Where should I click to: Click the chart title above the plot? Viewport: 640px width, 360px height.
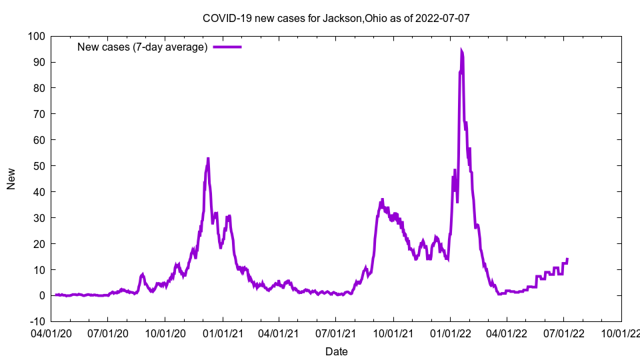[336, 18]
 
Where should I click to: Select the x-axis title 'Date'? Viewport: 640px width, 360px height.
[336, 351]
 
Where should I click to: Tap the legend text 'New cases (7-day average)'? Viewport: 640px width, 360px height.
[143, 47]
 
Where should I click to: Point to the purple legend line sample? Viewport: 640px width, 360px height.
[227, 47]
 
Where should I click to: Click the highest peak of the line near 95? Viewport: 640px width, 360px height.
[461, 50]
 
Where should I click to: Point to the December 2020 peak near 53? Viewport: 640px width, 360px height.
[208, 159]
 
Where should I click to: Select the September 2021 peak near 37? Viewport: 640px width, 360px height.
[382, 199]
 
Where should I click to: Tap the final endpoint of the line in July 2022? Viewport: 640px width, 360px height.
[567, 259]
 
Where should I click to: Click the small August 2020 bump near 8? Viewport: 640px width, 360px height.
[143, 274]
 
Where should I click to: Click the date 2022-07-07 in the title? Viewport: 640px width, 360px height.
[443, 18]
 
